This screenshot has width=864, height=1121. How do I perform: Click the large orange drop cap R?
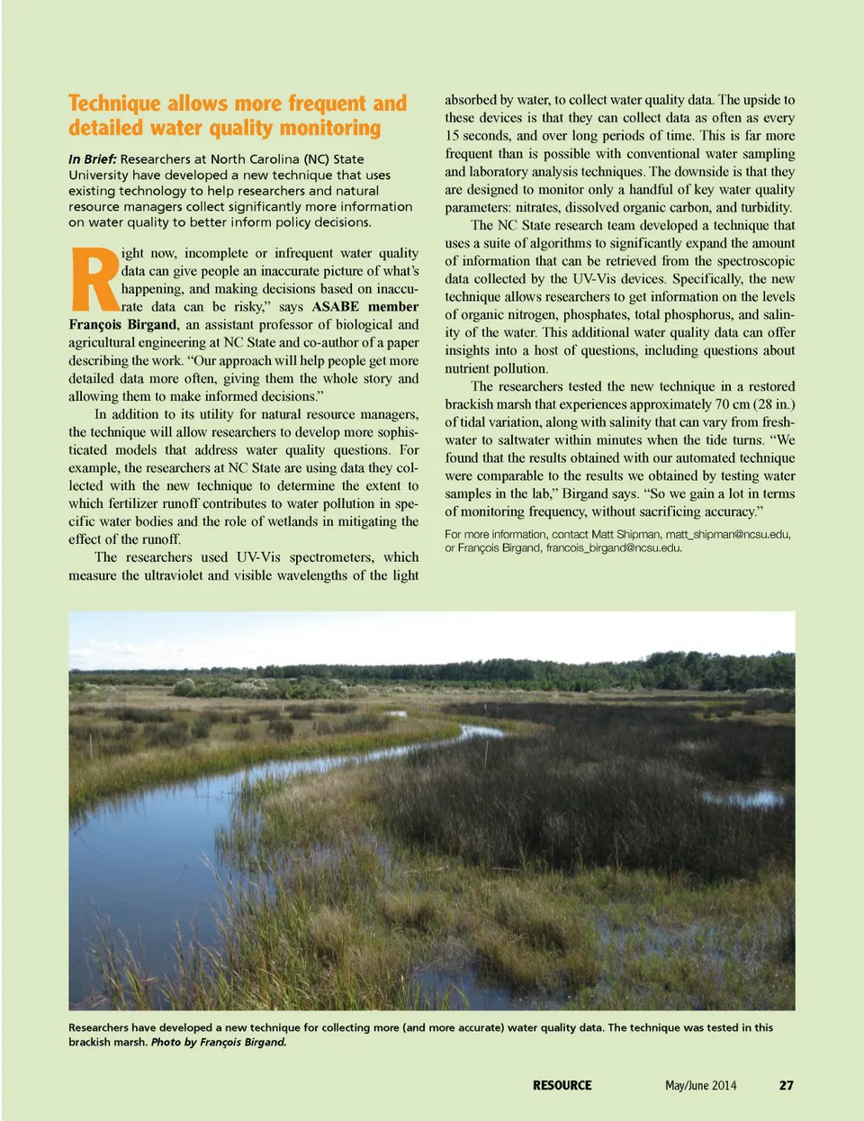point(94,279)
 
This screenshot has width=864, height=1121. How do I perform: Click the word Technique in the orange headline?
point(114,104)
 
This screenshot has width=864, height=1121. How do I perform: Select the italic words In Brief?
point(92,159)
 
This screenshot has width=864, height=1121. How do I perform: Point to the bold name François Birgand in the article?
point(122,324)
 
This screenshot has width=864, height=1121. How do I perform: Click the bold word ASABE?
point(335,306)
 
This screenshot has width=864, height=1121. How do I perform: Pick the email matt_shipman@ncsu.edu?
point(727,534)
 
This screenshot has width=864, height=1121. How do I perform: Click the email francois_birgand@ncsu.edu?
point(613,547)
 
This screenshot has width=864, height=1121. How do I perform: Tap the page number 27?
point(786,1085)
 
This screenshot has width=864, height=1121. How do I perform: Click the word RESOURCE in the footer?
point(562,1085)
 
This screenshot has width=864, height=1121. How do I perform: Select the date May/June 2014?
point(700,1085)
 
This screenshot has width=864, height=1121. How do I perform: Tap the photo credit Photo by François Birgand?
point(219,1042)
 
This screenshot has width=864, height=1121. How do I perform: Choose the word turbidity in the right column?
point(766,207)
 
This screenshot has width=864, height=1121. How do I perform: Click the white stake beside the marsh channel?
point(487,744)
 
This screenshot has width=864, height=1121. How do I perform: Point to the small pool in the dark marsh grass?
point(743,798)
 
